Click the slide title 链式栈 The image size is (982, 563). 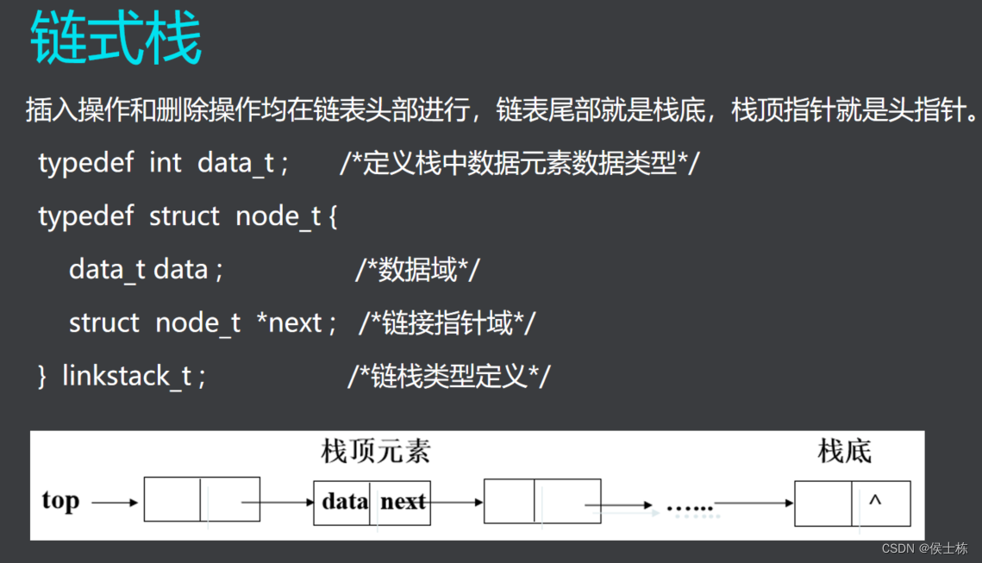(x=116, y=40)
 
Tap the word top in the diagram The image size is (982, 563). (x=60, y=500)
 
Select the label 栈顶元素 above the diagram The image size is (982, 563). (x=375, y=450)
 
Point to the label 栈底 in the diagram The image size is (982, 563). (x=845, y=450)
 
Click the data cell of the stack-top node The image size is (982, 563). (x=345, y=502)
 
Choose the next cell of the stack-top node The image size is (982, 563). (x=403, y=502)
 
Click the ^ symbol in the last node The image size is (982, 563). (x=875, y=501)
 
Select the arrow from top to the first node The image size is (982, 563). (x=115, y=502)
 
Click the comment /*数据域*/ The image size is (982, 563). (x=416, y=270)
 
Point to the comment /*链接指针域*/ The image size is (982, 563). (x=447, y=323)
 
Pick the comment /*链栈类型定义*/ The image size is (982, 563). (x=448, y=377)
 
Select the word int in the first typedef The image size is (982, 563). (x=166, y=162)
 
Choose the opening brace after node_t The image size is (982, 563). (x=333, y=216)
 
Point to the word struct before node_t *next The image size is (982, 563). (x=104, y=323)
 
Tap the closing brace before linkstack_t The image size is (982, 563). (x=42, y=377)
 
